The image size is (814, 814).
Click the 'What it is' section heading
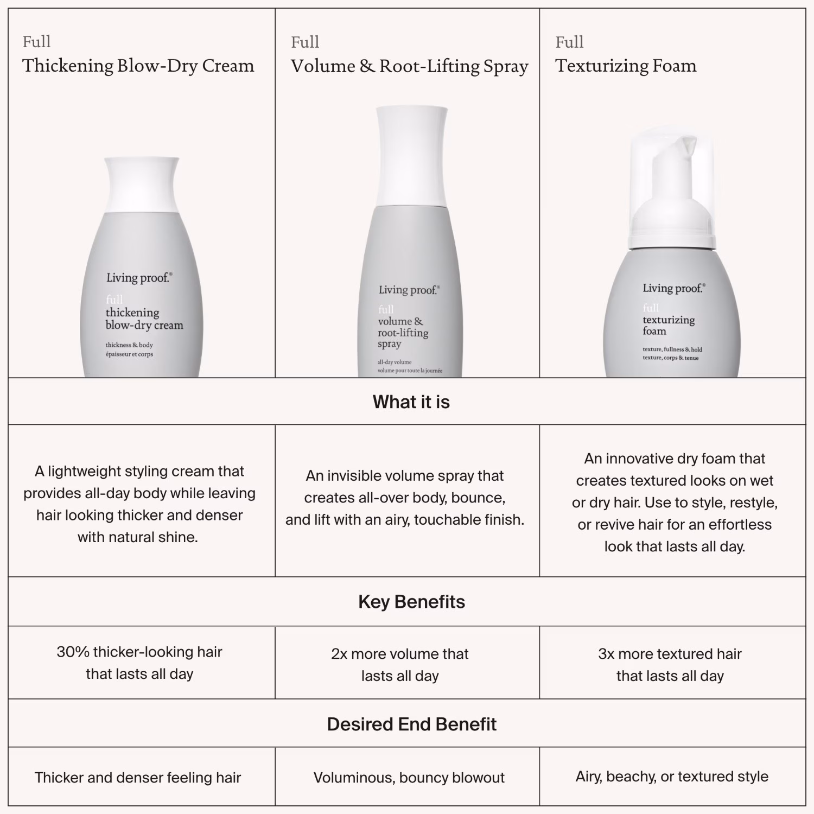[x=411, y=402]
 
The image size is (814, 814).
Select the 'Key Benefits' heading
[x=411, y=602]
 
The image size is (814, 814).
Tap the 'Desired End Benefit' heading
[x=411, y=724]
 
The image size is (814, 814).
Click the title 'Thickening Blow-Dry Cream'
[x=138, y=66]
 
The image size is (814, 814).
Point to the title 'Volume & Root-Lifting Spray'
[x=409, y=66]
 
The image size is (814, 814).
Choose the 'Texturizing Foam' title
[x=626, y=66]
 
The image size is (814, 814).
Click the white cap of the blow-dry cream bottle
[x=141, y=185]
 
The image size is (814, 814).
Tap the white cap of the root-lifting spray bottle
[x=411, y=156]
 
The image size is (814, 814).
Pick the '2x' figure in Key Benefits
[x=339, y=654]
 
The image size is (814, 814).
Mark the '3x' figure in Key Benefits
[x=606, y=654]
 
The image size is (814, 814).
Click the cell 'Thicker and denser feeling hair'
[x=138, y=778]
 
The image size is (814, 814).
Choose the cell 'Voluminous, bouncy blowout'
[x=409, y=778]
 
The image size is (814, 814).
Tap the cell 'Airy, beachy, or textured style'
[x=672, y=777]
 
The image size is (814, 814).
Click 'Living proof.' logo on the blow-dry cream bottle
[x=139, y=278]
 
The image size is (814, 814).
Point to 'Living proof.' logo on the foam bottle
[x=674, y=288]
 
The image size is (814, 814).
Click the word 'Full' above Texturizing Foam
[x=569, y=42]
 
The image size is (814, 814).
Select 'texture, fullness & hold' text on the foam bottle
[x=672, y=349]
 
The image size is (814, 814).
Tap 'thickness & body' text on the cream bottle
[x=129, y=345]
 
